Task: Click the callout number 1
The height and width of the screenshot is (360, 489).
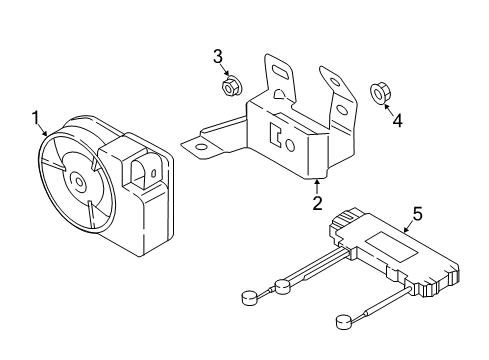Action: (x=36, y=119)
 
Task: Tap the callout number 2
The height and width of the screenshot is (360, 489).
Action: (x=317, y=203)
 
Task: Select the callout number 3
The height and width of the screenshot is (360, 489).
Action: (x=218, y=56)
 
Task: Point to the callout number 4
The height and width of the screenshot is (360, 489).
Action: (x=397, y=120)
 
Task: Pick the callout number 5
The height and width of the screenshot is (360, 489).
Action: (x=417, y=214)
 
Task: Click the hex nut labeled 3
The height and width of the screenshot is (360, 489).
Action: (x=229, y=88)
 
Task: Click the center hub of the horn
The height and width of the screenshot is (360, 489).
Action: (x=79, y=182)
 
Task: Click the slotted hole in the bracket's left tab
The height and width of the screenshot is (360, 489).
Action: (x=280, y=71)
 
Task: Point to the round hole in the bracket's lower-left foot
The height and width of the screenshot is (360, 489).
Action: (x=201, y=147)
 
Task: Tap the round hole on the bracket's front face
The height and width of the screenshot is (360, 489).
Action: (x=290, y=145)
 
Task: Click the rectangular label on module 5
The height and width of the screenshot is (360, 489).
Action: (x=391, y=247)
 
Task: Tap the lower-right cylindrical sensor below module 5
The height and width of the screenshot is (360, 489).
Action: (x=344, y=322)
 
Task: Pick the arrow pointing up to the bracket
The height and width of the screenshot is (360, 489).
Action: (x=317, y=187)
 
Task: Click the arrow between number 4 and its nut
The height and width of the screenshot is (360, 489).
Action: (x=388, y=109)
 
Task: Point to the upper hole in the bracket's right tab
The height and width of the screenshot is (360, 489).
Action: (x=334, y=81)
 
